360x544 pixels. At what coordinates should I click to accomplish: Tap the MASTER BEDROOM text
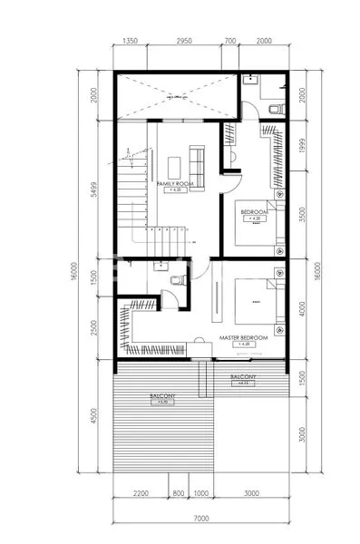[243, 337]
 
